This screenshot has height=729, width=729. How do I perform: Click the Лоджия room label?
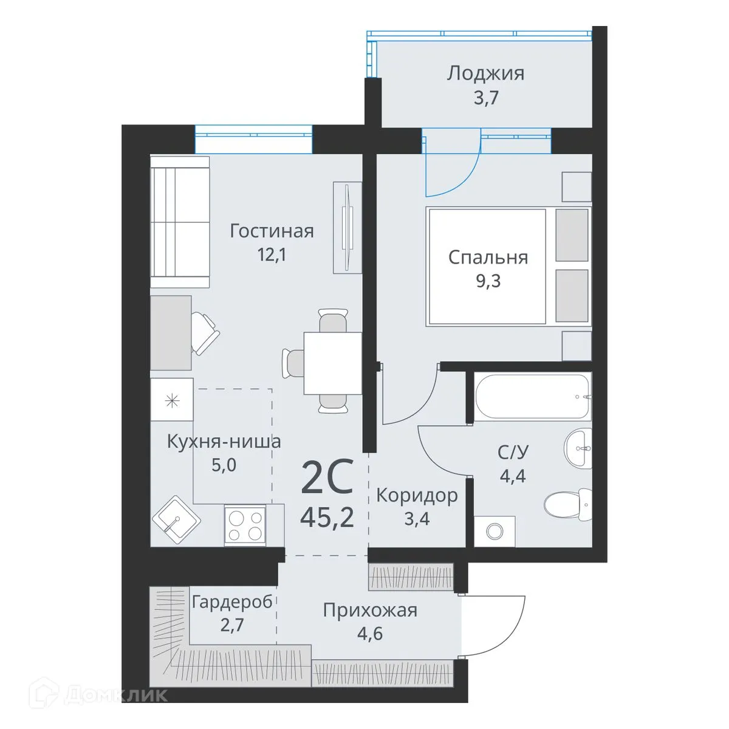click(485, 74)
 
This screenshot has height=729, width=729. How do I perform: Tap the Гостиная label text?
click(272, 231)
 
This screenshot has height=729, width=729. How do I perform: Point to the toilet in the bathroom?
click(562, 503)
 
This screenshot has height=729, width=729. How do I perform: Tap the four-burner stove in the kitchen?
click(245, 524)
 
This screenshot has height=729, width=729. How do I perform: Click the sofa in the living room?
click(180, 222)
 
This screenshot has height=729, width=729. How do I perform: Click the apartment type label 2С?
click(327, 479)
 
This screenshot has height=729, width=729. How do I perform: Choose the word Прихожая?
click(370, 609)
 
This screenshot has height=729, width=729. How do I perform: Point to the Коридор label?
click(417, 496)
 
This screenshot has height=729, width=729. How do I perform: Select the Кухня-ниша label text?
click(224, 441)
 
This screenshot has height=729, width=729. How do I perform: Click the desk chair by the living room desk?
click(205, 331)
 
